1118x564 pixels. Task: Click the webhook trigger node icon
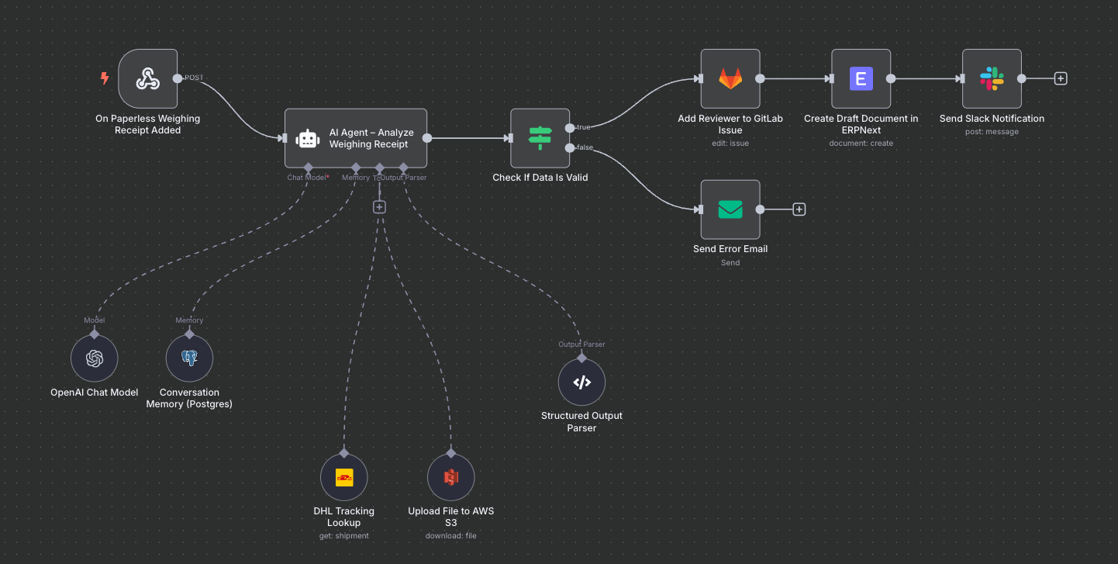tap(147, 78)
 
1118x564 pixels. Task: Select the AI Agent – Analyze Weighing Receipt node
tap(356, 138)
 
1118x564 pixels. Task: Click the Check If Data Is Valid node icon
tap(540, 138)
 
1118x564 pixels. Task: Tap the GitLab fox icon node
tap(730, 78)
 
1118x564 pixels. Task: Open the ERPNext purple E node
tap(861, 78)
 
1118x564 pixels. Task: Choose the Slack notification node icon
tap(992, 78)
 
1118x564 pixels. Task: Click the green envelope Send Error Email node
tap(730, 209)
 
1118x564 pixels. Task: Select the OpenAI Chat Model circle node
tap(95, 358)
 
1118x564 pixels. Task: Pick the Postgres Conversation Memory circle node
tap(189, 358)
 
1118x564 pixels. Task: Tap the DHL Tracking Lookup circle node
tap(344, 477)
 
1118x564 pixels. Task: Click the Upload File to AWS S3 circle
tap(451, 477)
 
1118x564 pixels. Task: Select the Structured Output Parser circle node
tap(581, 382)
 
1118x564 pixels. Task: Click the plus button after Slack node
tap(1061, 78)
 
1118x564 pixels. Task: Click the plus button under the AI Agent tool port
tap(379, 206)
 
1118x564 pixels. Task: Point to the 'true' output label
tap(583, 126)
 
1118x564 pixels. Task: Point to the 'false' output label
tap(585, 147)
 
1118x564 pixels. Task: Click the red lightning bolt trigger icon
tap(105, 78)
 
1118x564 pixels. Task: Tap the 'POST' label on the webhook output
tap(194, 78)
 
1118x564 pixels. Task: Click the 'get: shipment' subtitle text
tap(343, 535)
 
